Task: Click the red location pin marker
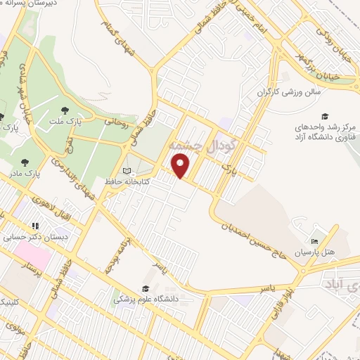click(x=181, y=167)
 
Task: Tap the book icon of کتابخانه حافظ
click(x=127, y=171)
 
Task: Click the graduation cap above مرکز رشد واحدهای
click(x=325, y=116)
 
